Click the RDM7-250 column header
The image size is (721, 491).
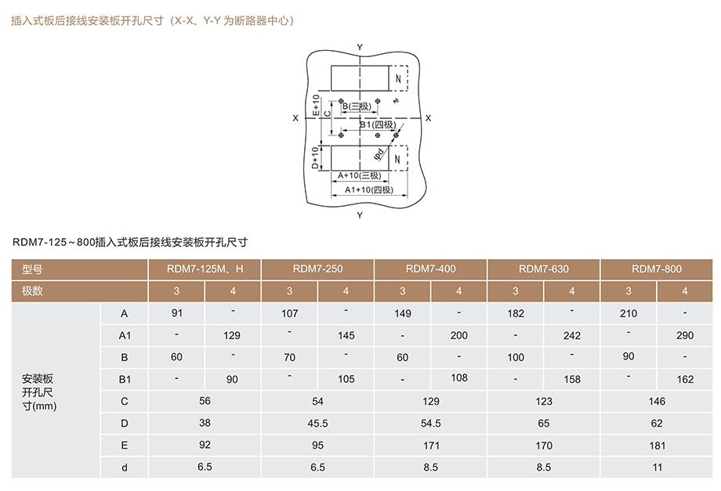pos(317,269)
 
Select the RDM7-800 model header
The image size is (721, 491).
pos(657,269)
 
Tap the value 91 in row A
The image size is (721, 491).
pos(177,313)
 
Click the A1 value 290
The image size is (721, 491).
pos(685,335)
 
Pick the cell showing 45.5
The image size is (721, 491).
pos(317,424)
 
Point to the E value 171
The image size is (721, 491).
pos(431,446)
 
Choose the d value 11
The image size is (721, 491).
pos(657,468)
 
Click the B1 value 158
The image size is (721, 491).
pos(572,379)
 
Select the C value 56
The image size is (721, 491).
pos(205,401)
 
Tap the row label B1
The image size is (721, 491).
pos(125,379)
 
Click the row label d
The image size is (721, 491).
pos(124,468)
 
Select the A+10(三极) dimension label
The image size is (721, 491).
pos(359,175)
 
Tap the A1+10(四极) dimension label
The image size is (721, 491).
pos(369,190)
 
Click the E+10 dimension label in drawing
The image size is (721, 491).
pos(315,105)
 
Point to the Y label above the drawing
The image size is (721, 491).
pos(360,47)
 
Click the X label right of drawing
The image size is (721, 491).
pos(428,118)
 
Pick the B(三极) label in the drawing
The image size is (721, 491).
pos(357,106)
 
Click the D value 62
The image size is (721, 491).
pos(657,424)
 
